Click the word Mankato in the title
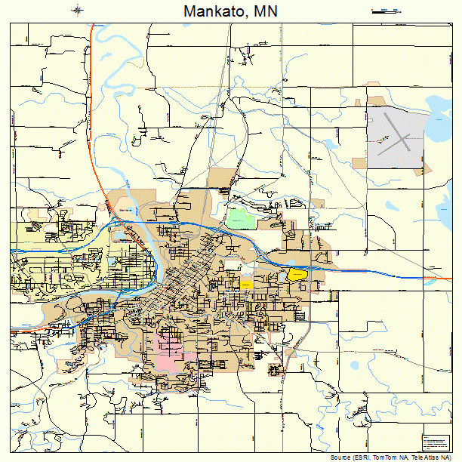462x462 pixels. pyautogui.click(x=214, y=12)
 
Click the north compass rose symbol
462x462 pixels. pyautogui.click(x=79, y=11)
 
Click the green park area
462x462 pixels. pyautogui.click(x=242, y=217)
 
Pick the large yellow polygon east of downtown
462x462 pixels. pyautogui.click(x=297, y=275)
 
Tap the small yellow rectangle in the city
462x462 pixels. pyautogui.click(x=246, y=283)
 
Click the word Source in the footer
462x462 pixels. pyautogui.click(x=340, y=457)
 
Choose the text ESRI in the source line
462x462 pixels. pyautogui.click(x=361, y=457)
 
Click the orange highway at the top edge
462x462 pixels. pyautogui.click(x=91, y=34)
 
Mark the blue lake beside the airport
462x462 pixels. pyautogui.click(x=437, y=128)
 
